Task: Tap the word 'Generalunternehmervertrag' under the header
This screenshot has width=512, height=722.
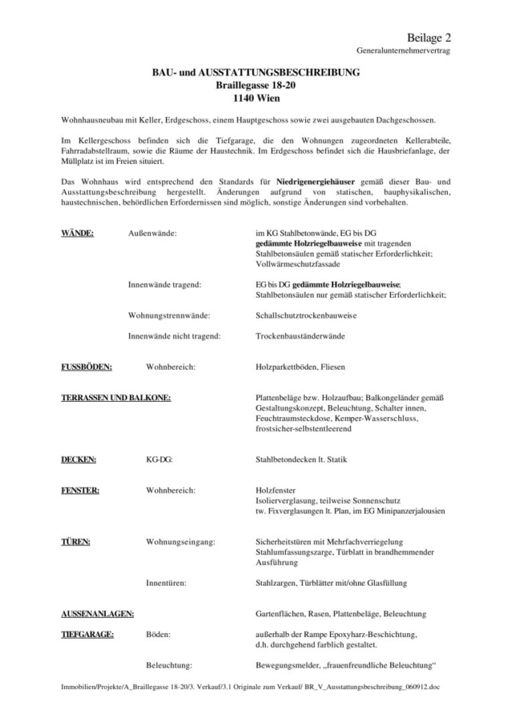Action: [404, 51]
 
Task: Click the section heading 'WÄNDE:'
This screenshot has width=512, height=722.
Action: [78, 233]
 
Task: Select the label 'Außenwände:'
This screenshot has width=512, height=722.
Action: [152, 233]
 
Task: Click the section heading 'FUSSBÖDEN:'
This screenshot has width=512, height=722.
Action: [87, 367]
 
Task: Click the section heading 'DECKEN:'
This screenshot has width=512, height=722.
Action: [79, 460]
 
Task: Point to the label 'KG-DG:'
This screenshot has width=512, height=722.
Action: [158, 460]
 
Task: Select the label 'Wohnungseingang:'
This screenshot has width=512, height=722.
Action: [181, 541]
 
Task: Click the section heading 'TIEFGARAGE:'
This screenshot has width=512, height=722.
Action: [87, 635]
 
